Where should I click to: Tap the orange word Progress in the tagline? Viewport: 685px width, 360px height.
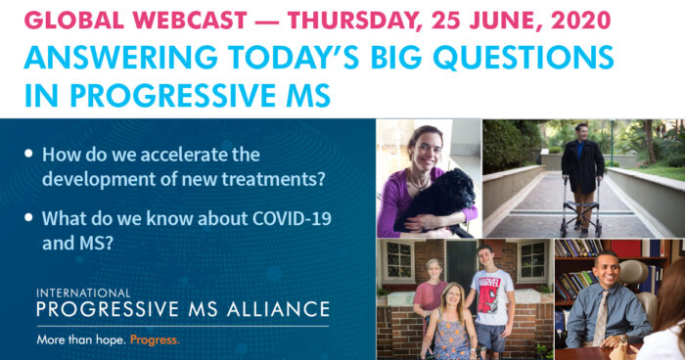[156, 341]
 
